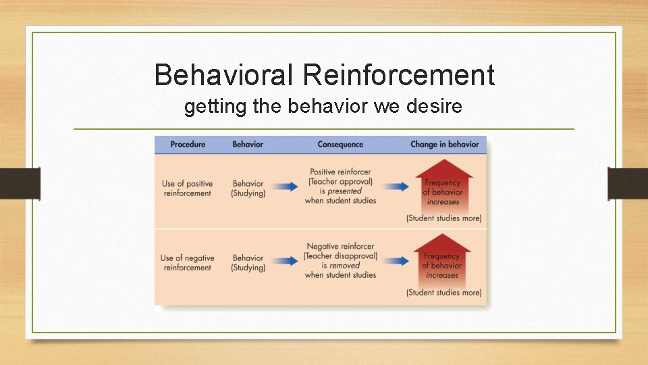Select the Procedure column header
(188, 144)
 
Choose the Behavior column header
(248, 144)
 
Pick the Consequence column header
(340, 144)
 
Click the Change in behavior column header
(444, 144)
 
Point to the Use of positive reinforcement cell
(187, 189)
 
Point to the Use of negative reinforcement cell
(187, 263)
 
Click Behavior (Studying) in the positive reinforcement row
(248, 189)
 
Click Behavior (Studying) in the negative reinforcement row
(248, 263)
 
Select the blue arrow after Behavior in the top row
(286, 187)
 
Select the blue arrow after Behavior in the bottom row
(286, 260)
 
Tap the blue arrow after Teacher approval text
(398, 187)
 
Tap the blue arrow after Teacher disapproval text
(398, 260)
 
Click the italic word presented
(345, 191)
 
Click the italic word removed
(345, 266)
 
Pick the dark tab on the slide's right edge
(627, 183)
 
